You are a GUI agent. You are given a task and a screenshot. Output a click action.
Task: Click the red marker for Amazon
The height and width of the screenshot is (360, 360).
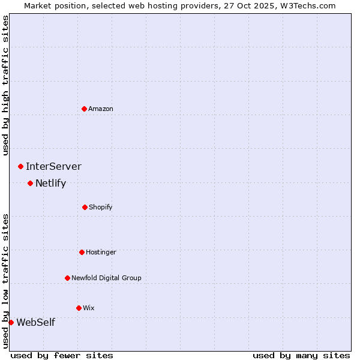84,109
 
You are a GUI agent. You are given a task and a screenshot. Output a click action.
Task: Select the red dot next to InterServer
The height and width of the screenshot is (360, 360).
20,166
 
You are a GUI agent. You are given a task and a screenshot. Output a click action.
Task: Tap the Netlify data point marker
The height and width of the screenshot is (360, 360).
30,183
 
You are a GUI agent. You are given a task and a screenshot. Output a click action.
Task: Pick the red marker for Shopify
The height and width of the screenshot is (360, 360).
85,207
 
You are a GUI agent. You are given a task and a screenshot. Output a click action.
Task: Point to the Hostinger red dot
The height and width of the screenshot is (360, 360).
82,252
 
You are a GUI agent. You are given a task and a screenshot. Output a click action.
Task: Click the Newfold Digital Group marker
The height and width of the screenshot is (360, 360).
67,278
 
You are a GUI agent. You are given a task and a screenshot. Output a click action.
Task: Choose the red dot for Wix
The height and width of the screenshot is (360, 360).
79,308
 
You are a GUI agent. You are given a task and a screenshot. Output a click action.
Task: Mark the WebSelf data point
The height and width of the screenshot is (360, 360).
11,322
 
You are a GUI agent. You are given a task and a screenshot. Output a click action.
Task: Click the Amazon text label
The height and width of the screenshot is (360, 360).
101,109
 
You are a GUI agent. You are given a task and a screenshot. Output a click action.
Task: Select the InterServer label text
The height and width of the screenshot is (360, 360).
53,166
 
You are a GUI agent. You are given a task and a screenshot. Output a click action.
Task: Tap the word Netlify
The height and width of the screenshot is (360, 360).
50,183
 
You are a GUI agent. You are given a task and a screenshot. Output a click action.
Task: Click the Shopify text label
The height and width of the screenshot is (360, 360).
101,207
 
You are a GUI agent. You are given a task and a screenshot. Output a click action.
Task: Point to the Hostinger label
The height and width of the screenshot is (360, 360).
101,252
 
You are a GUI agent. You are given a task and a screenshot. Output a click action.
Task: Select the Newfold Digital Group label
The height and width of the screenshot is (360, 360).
106,278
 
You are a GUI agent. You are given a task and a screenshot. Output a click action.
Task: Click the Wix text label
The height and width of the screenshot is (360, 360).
89,308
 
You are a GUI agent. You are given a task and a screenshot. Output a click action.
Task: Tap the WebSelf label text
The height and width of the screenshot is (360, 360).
35,322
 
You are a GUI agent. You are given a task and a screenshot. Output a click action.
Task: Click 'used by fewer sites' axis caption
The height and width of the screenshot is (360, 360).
62,355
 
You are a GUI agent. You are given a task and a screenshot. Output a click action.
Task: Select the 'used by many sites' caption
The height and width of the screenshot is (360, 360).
301,355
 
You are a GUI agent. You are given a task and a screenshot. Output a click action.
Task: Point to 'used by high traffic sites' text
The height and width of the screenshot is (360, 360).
5,85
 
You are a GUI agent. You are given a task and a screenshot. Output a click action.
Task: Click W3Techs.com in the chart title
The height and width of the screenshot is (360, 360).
307,5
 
